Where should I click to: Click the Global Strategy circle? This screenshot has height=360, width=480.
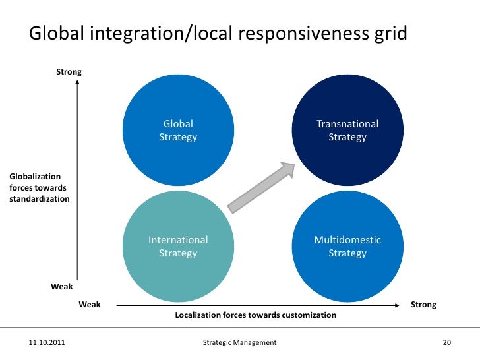click(178, 131)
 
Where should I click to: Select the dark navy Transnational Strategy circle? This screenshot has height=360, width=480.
click(347, 131)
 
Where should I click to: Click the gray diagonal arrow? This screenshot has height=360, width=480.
click(260, 187)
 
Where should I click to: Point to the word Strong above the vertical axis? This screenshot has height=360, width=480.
click(69, 71)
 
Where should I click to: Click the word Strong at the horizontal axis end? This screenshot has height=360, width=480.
click(423, 305)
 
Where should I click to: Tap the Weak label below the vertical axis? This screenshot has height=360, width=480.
click(62, 287)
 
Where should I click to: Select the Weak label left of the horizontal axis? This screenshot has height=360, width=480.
click(90, 305)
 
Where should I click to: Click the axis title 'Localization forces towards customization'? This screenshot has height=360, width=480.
click(255, 315)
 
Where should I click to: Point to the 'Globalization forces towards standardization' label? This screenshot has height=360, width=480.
click(39, 187)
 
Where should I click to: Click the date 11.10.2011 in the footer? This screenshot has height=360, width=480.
click(47, 343)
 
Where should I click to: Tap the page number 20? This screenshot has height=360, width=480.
click(446, 343)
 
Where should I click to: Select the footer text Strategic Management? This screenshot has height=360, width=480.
click(240, 343)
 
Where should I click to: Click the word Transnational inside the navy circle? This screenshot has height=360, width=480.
click(347, 124)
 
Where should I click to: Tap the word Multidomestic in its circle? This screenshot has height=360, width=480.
click(347, 240)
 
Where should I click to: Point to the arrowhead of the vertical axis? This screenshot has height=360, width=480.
click(77, 84)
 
